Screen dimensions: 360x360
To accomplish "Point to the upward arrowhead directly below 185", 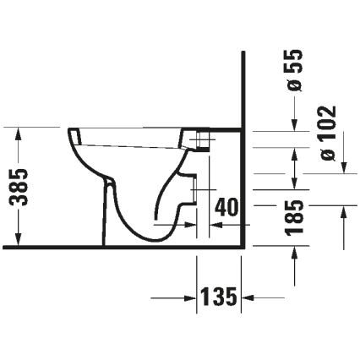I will tap(295, 253).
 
